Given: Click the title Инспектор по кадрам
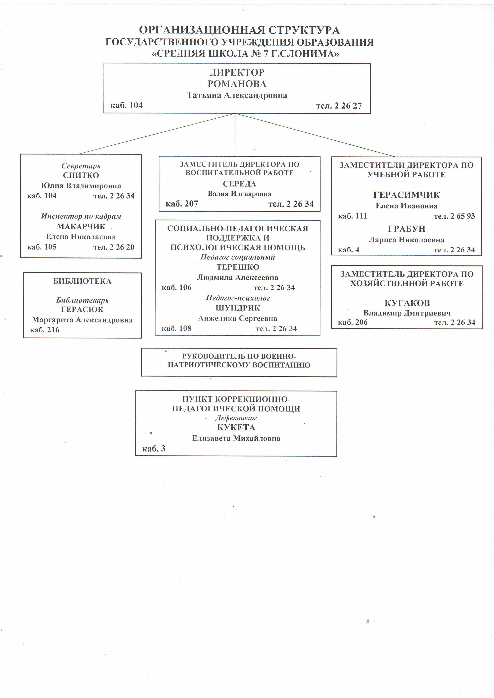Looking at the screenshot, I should click(x=81, y=216).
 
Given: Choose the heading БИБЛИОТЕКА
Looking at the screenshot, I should click(x=82, y=281).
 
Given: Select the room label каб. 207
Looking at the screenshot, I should click(x=182, y=204).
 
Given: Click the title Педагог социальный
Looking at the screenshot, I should click(x=237, y=257).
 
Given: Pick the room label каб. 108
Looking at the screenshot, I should click(x=176, y=328).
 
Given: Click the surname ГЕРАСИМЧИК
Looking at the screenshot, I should click(x=406, y=195).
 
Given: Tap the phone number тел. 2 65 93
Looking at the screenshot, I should click(x=454, y=216).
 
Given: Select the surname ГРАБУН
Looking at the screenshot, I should click(x=406, y=229).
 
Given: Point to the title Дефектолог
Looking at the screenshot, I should click(x=236, y=418).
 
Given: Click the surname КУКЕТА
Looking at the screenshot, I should click(x=236, y=427).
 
